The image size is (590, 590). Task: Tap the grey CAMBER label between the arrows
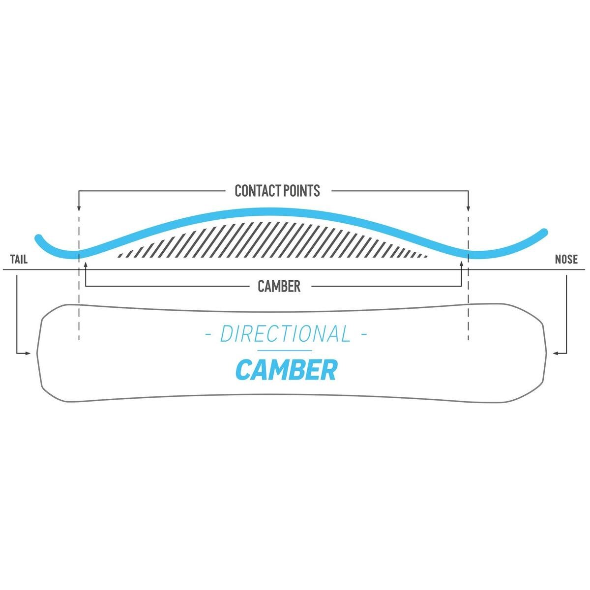(279, 286)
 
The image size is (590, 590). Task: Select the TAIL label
(19, 259)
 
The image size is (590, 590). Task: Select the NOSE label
(566, 259)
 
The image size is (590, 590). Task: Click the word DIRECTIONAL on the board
(285, 334)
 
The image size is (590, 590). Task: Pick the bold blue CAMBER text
(286, 370)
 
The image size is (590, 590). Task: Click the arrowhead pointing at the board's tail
(29, 353)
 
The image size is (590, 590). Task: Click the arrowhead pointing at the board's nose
(555, 353)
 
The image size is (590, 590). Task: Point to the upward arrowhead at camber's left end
(86, 264)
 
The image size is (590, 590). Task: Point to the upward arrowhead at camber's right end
(461, 264)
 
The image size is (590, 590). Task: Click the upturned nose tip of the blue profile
(544, 231)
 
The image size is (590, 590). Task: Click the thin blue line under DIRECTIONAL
(285, 351)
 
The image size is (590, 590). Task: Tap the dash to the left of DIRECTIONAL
(208, 335)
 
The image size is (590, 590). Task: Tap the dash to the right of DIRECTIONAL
(363, 335)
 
